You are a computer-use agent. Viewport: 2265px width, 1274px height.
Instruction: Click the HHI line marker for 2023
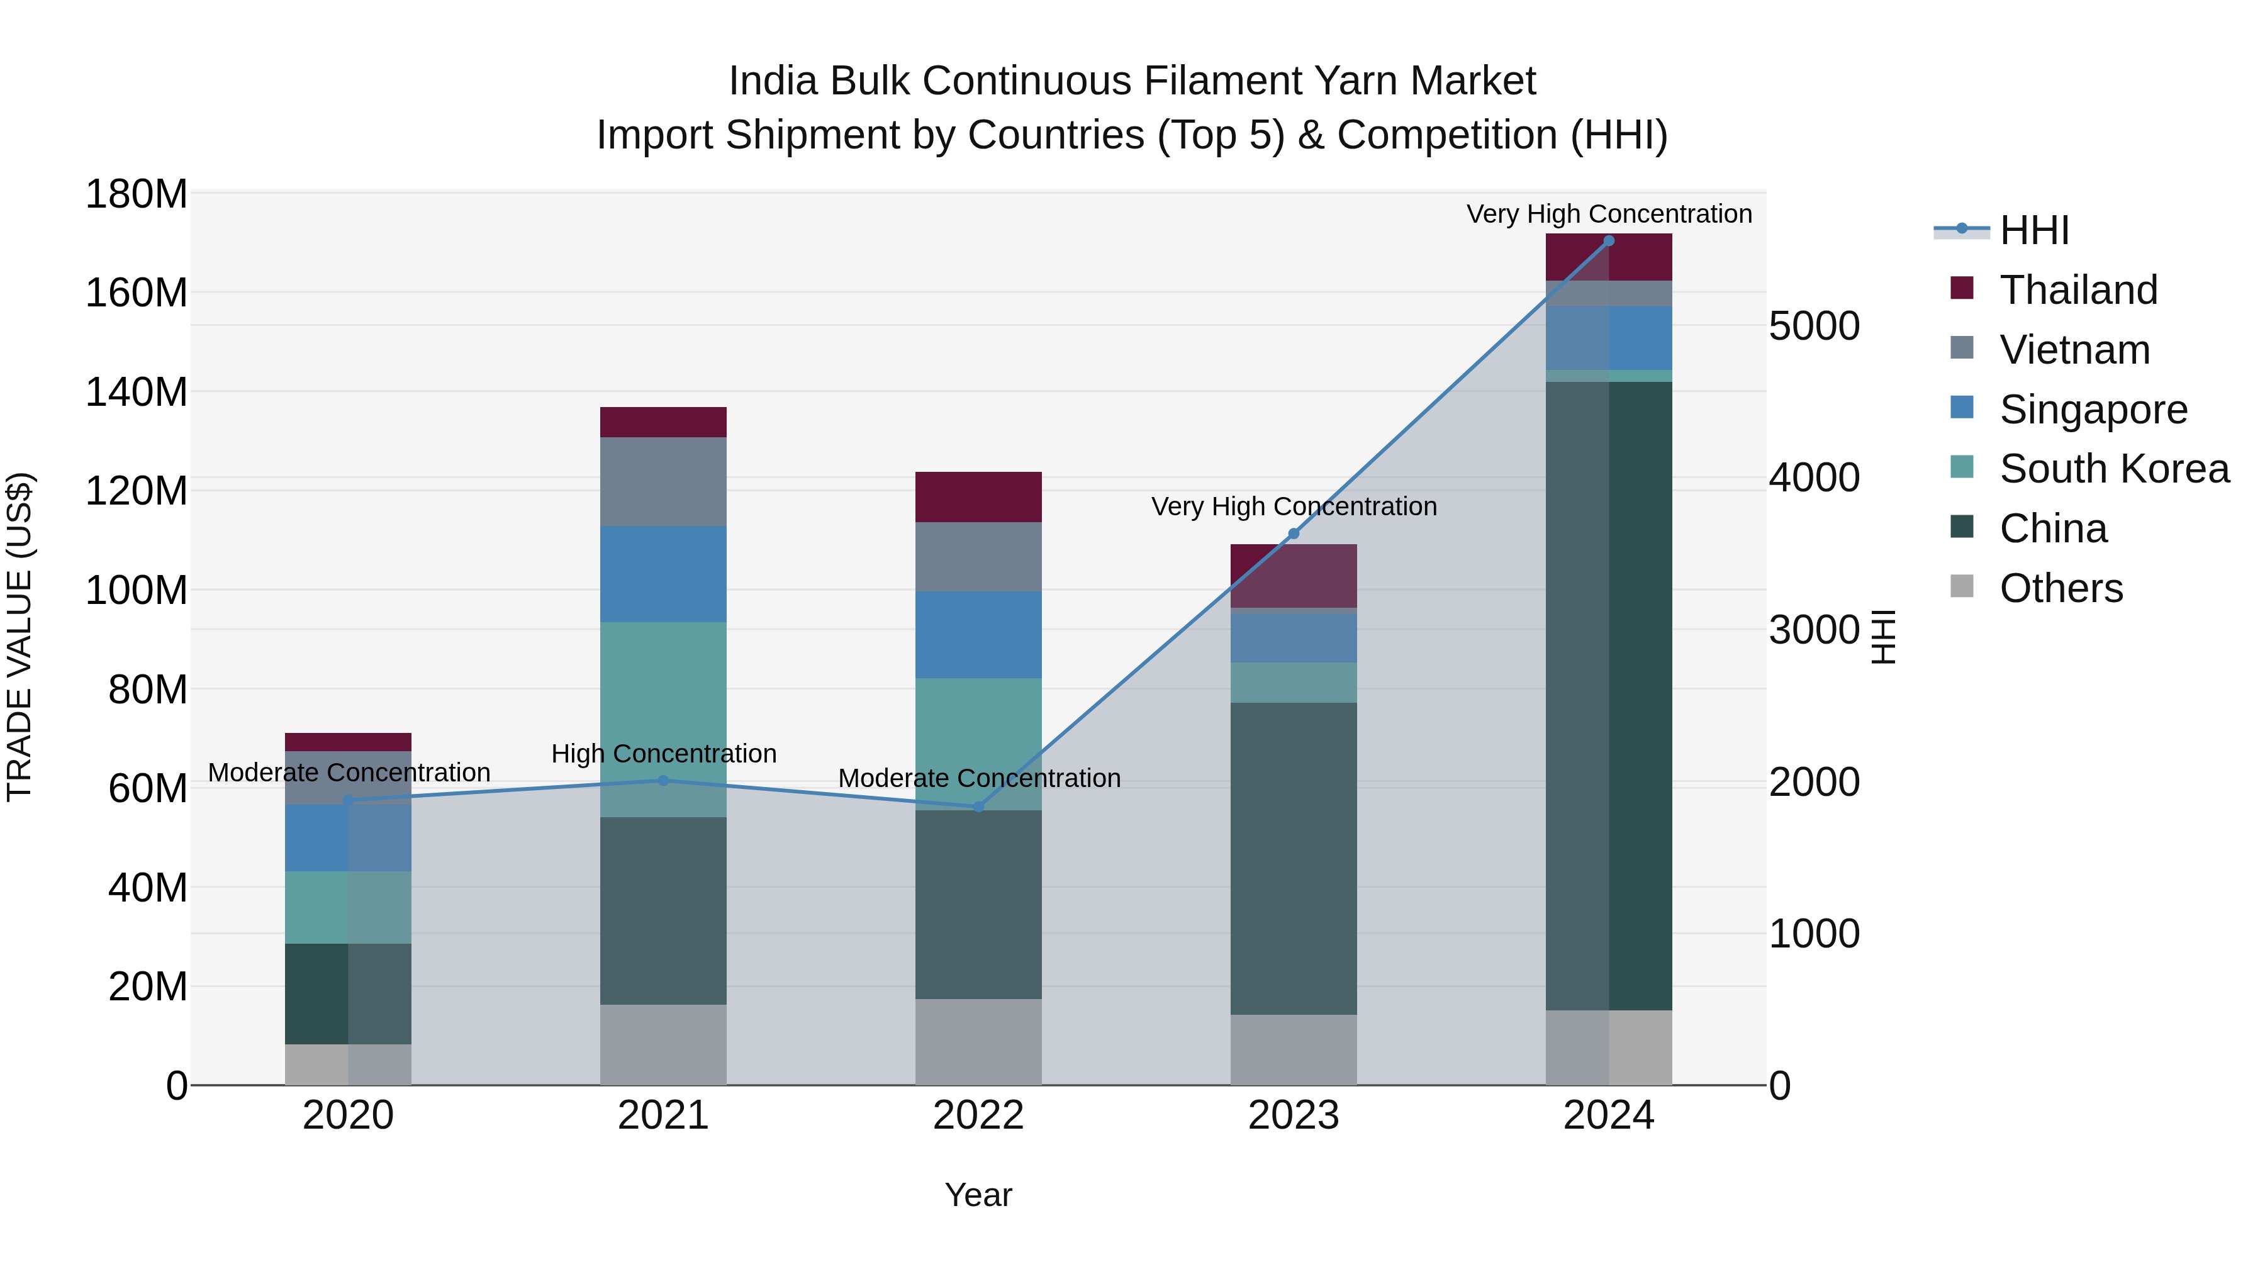click(x=1294, y=534)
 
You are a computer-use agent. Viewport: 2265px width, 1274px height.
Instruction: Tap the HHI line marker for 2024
click(x=1608, y=241)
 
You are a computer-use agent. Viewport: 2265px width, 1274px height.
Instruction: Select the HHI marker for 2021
click(x=663, y=781)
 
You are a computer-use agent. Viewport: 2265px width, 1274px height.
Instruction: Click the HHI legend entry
click(x=2033, y=230)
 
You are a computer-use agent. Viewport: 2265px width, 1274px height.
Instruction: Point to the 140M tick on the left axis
click(x=137, y=392)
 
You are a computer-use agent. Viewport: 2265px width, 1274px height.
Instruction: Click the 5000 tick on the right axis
click(x=1813, y=326)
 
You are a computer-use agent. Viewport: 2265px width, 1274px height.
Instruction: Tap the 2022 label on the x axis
click(x=978, y=1115)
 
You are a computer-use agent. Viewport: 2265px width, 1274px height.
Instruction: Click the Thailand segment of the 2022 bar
click(x=978, y=497)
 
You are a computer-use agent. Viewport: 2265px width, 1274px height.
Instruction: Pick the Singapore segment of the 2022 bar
click(x=978, y=634)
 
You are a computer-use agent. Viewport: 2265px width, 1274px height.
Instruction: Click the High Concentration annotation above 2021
click(x=663, y=754)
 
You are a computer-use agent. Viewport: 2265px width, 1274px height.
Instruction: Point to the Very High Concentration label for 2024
click(x=1608, y=215)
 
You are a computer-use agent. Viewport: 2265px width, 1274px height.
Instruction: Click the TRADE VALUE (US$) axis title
click(x=20, y=637)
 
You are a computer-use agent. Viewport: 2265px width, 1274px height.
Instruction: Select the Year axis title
click(x=978, y=1196)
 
